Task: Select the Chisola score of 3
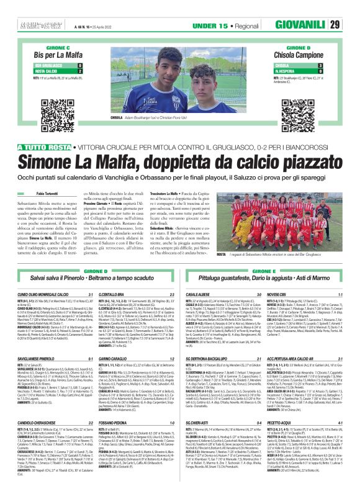coord(320,65)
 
